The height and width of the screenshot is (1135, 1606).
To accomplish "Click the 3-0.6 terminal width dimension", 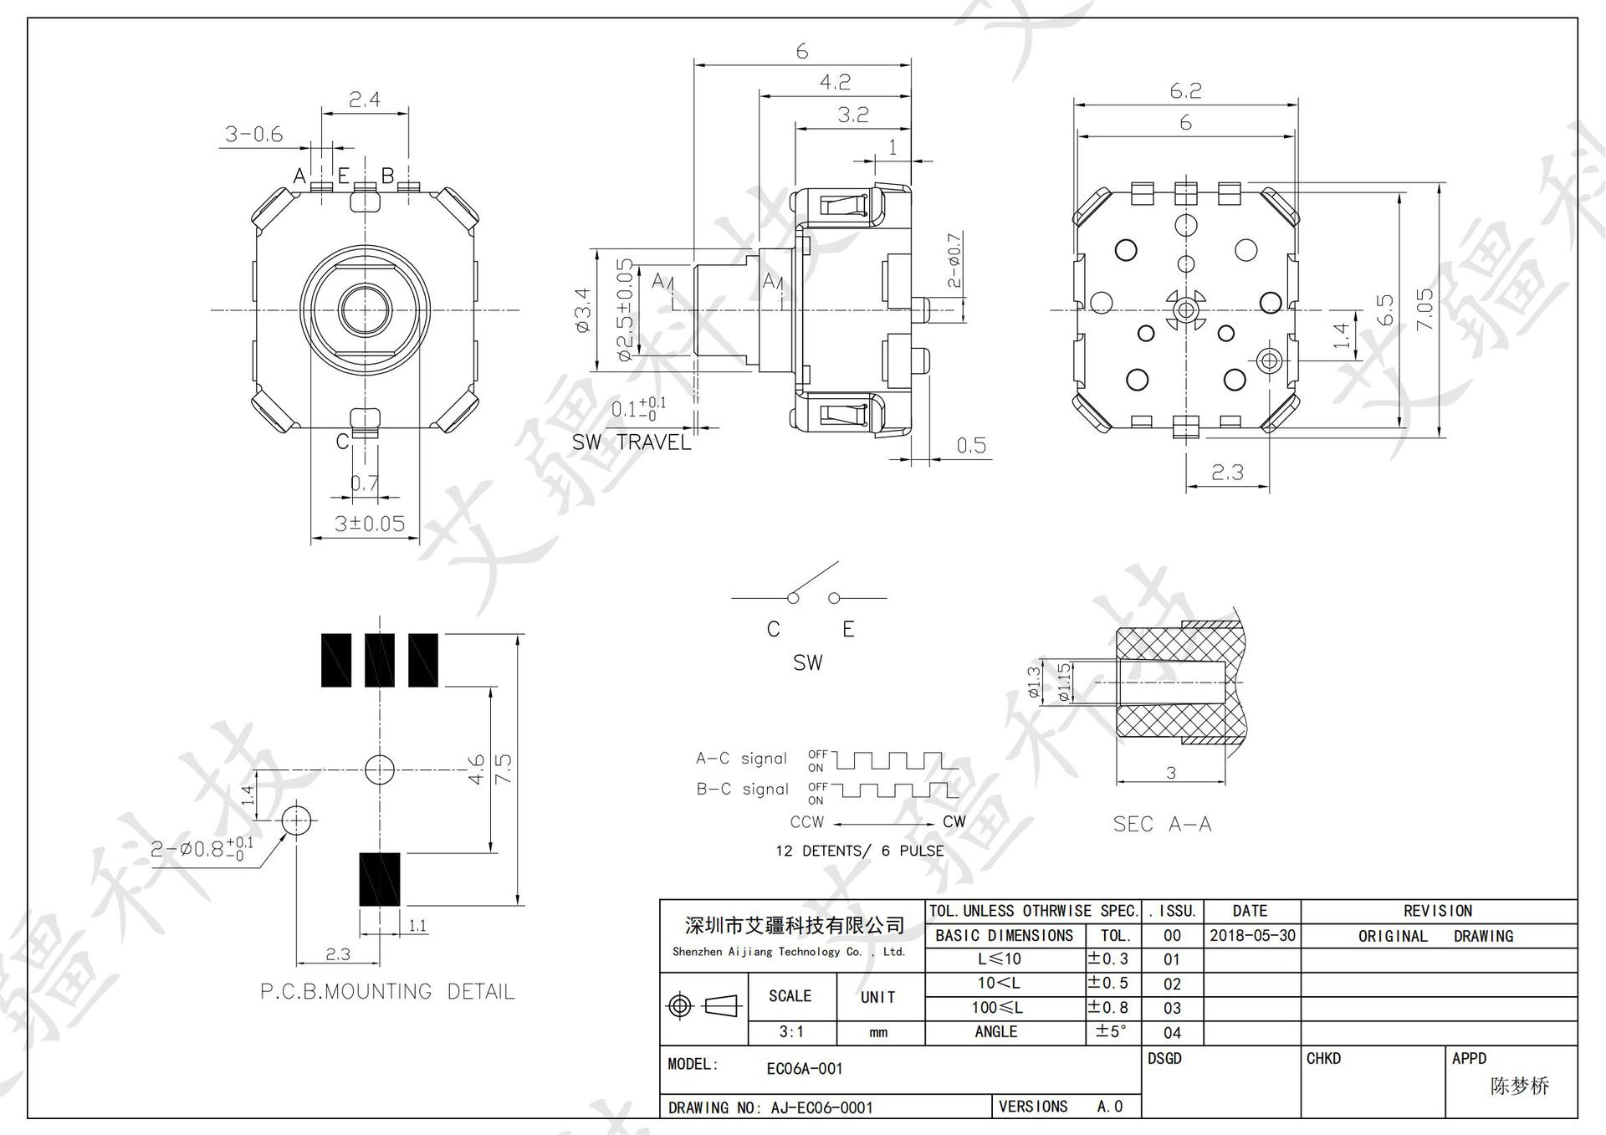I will tap(253, 134).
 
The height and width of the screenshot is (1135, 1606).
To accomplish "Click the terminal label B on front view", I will tap(388, 176).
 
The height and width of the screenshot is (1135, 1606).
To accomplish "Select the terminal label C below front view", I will tap(342, 441).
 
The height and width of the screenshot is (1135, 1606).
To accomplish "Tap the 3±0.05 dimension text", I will tap(369, 524).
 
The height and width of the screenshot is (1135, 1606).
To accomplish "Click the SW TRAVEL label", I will tap(632, 442).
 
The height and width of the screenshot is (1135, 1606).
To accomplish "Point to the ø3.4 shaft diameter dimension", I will tap(583, 310).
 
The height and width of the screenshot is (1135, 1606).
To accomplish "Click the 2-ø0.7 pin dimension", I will tap(954, 261).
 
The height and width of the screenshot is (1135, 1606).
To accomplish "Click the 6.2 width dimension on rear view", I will tap(1185, 90).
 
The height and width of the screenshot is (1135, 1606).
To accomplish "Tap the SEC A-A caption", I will tap(1162, 824).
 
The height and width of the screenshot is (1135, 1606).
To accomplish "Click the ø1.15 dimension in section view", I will tap(1062, 683).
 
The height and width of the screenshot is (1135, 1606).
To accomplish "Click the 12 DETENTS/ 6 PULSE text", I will tap(859, 851).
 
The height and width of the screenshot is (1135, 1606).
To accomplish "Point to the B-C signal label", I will tap(742, 789).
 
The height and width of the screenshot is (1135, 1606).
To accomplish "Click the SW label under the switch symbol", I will tap(807, 662).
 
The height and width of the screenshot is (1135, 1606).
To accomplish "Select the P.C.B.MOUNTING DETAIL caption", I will tap(387, 992).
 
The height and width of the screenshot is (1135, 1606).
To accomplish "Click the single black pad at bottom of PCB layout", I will tap(380, 880).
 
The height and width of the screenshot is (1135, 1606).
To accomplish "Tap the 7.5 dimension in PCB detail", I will tap(504, 769).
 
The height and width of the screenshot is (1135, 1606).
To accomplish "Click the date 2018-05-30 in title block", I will tap(1251, 935).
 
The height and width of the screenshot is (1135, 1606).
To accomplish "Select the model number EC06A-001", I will tap(804, 1068).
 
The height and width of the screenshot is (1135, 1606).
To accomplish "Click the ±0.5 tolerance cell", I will tap(1108, 983).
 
